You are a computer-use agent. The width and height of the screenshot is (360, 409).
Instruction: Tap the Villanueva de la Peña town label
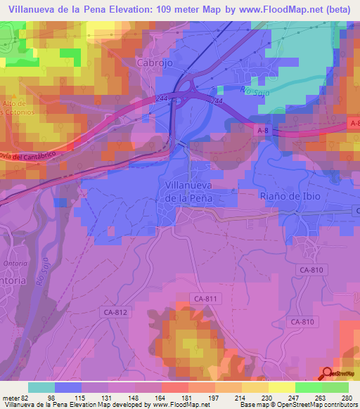pyautogui.click(x=189, y=192)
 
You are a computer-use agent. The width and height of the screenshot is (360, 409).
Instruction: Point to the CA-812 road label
pyautogui.click(x=116, y=312)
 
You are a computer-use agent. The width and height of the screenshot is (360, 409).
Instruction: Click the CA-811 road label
pyautogui.click(x=207, y=299)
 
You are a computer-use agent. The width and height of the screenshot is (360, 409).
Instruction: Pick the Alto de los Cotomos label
pyautogui.click(x=15, y=107)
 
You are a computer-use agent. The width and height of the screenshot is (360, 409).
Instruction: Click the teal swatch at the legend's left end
pyautogui.click(x=41, y=387)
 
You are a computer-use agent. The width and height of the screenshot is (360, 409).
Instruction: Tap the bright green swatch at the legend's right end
pyautogui.click(x=335, y=387)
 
